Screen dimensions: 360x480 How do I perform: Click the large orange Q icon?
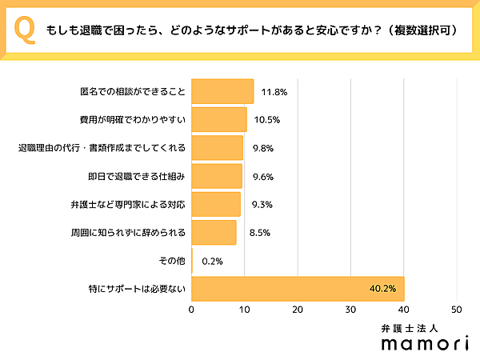(26, 30)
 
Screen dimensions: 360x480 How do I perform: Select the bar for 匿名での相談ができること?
(222, 91)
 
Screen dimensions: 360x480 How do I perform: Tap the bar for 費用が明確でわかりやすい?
(219, 119)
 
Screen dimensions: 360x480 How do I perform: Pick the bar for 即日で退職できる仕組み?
(217, 176)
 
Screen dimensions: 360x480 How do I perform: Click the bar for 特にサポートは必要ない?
(298, 289)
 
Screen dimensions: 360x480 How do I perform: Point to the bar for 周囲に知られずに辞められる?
(214, 233)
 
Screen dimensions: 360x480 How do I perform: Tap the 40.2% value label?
(382, 290)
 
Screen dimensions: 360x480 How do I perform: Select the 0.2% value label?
(212, 262)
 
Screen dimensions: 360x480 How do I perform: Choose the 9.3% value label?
(261, 205)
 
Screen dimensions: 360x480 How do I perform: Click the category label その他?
(173, 261)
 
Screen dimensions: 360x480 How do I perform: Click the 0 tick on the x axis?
(192, 309)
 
